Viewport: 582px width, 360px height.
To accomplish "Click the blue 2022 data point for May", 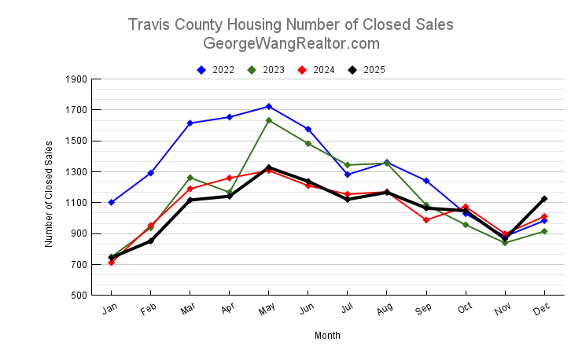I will pyautogui.click(x=269, y=106).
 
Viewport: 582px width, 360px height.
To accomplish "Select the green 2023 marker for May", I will pyautogui.click(x=269, y=120).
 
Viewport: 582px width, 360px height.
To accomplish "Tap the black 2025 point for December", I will pyautogui.click(x=544, y=199).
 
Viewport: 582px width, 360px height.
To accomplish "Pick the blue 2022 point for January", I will pyautogui.click(x=112, y=202).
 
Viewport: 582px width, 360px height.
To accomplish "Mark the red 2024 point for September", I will pyautogui.click(x=426, y=220).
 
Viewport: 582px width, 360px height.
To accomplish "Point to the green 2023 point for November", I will pyautogui.click(x=505, y=243).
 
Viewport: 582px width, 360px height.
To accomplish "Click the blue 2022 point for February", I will pyautogui.click(x=151, y=173).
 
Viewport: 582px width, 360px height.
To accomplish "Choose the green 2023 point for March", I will pyautogui.click(x=190, y=178).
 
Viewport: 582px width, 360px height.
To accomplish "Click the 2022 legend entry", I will pyautogui.click(x=216, y=70).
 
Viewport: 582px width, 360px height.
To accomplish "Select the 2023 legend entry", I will pyautogui.click(x=267, y=70).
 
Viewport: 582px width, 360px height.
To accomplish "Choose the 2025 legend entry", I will pyautogui.click(x=367, y=70).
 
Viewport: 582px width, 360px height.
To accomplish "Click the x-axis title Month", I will pyautogui.click(x=327, y=336).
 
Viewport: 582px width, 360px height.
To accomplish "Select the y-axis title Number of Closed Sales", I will pyautogui.click(x=49, y=193).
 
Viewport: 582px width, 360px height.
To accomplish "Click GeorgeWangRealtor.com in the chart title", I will pyautogui.click(x=291, y=44).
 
